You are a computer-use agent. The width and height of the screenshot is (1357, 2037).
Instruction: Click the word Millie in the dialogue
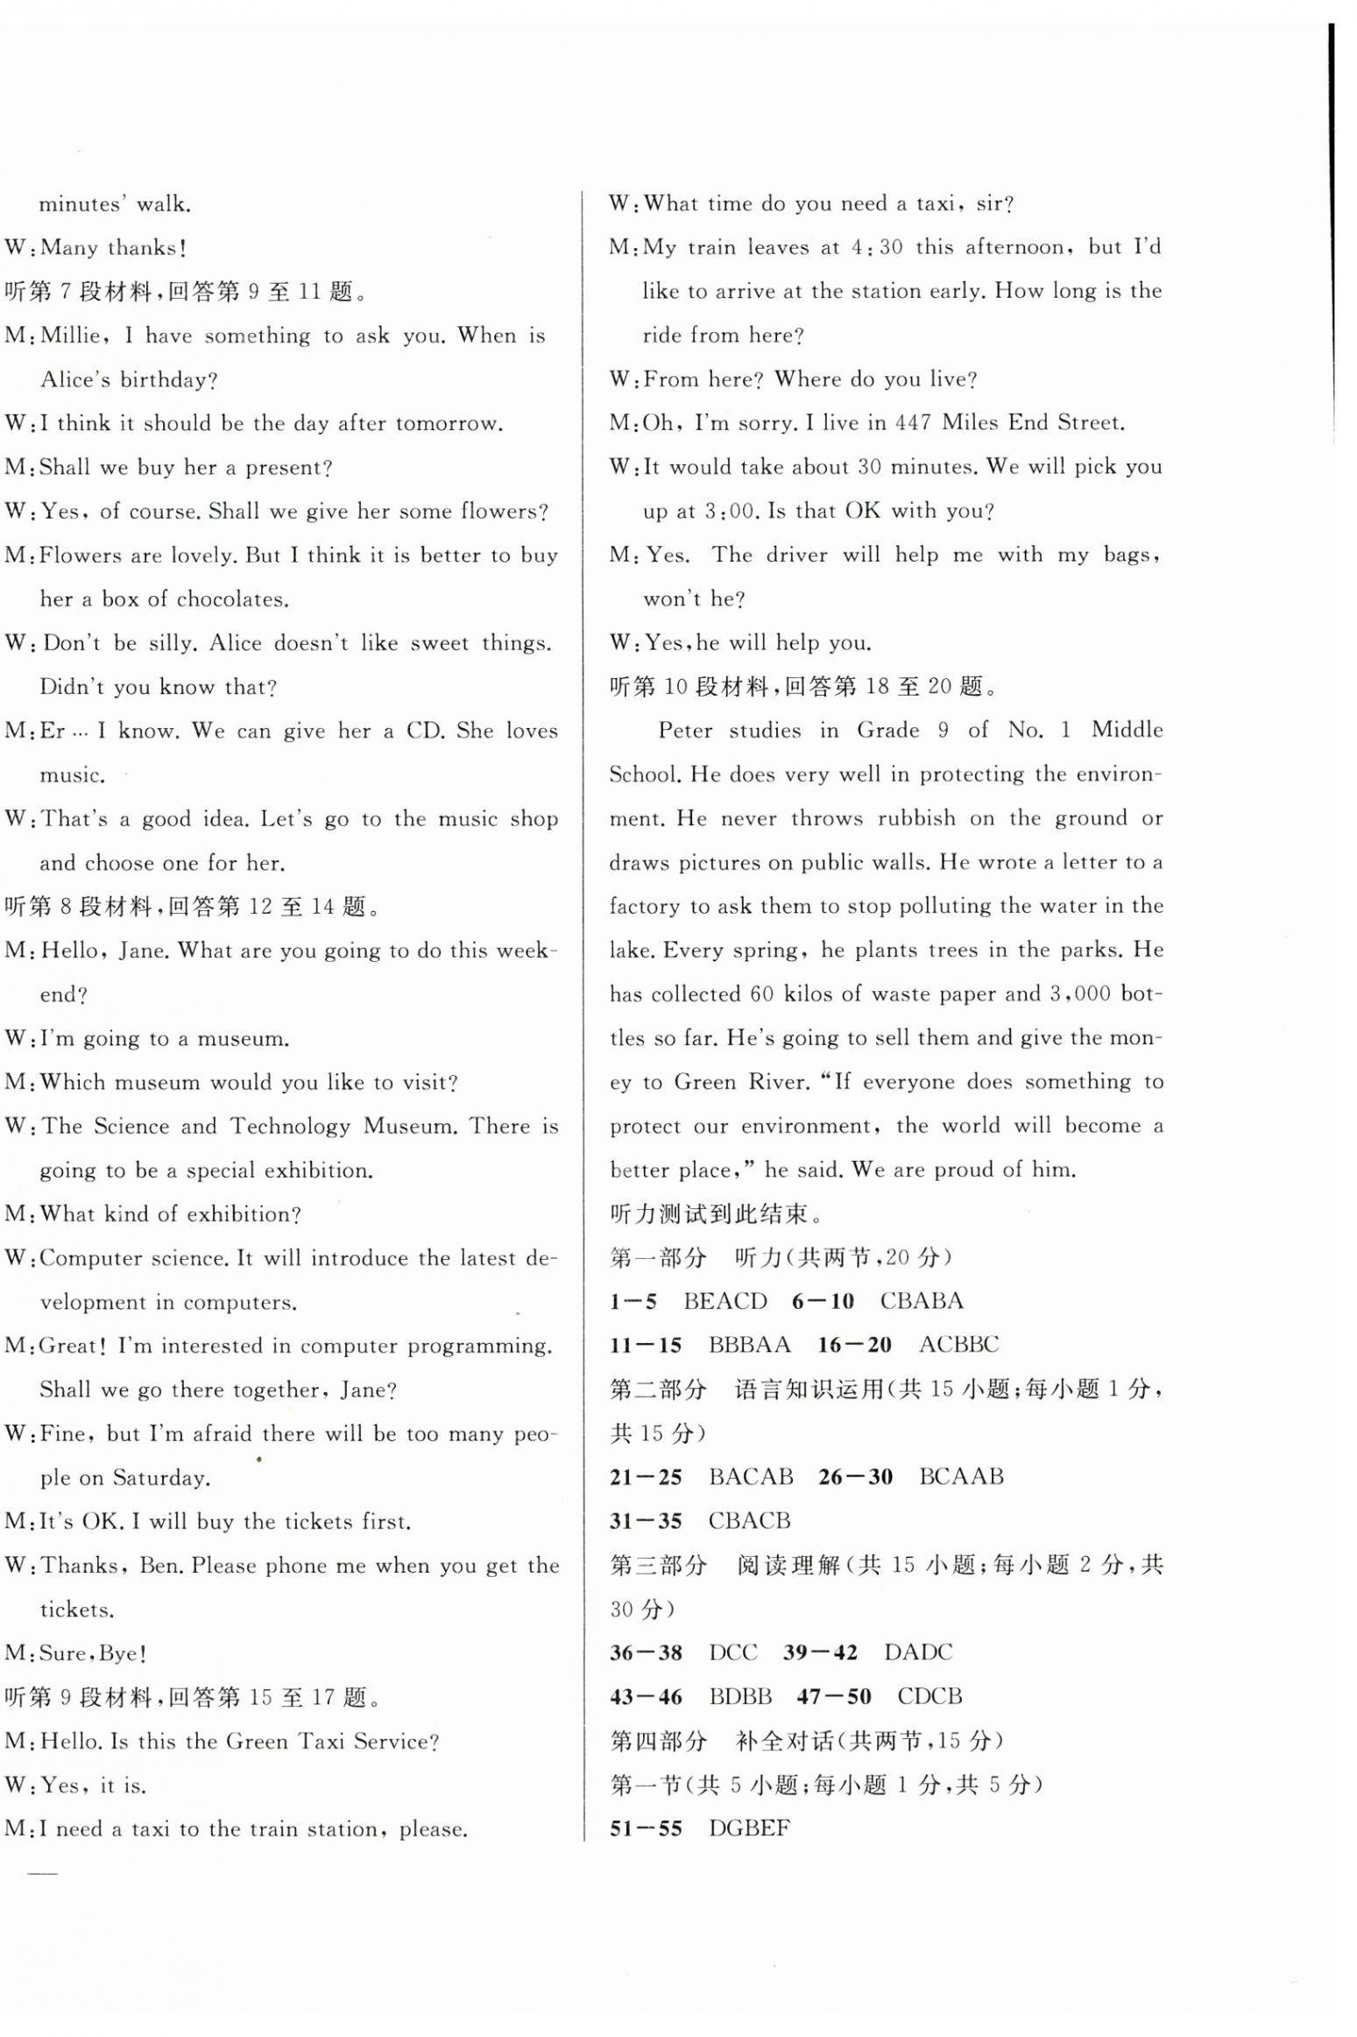pyautogui.click(x=72, y=336)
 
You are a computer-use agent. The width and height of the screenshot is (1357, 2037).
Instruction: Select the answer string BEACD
pyautogui.click(x=724, y=1301)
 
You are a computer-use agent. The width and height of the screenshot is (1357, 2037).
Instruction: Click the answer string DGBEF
pyautogui.click(x=748, y=1828)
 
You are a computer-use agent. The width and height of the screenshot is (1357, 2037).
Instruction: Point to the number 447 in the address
pyautogui.click(x=912, y=423)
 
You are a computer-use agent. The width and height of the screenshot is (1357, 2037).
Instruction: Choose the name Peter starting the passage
pyautogui.click(x=685, y=731)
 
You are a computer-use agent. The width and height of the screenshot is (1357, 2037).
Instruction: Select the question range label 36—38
pyautogui.click(x=646, y=1652)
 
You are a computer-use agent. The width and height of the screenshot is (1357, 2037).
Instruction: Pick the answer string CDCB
pyautogui.click(x=929, y=1696)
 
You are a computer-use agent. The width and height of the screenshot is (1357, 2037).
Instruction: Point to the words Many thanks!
pyautogui.click(x=113, y=248)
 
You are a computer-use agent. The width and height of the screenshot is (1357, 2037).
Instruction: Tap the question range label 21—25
pyautogui.click(x=646, y=1476)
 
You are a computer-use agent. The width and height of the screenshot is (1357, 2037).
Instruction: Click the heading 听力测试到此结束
pyautogui.click(x=714, y=1213)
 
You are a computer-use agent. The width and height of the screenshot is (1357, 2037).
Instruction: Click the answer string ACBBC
pyautogui.click(x=958, y=1345)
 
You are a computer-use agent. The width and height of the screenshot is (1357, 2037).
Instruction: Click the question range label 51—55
pyautogui.click(x=646, y=1828)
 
